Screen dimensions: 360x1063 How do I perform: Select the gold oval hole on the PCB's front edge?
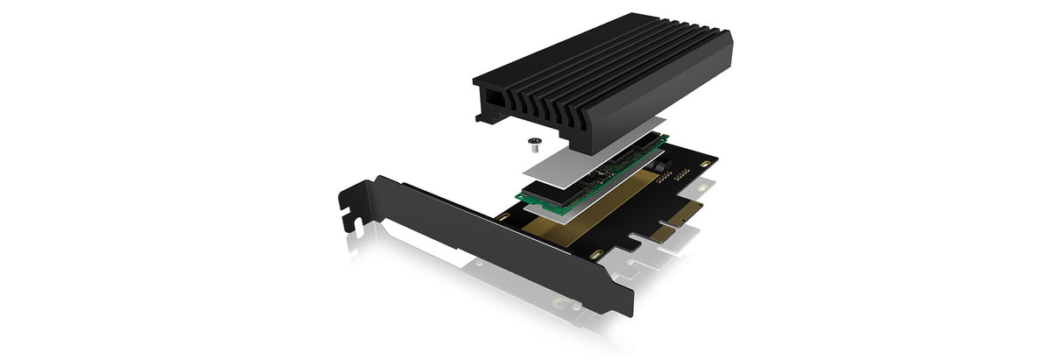point(595,254)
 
